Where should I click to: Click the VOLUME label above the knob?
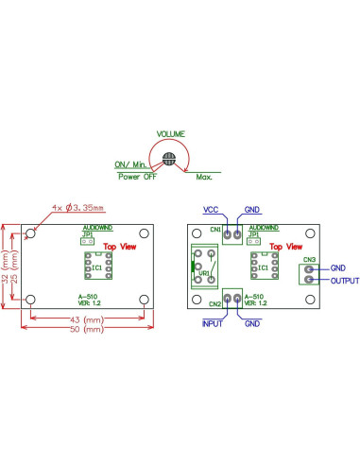click(170, 134)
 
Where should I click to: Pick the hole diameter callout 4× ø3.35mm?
click(77, 207)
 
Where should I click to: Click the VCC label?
click(213, 209)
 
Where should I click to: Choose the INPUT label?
click(214, 324)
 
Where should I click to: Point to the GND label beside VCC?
click(252, 209)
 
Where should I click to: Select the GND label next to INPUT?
click(252, 324)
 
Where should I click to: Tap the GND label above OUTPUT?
click(338, 268)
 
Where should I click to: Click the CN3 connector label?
click(309, 260)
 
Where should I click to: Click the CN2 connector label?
click(214, 303)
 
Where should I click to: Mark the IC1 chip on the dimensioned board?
click(96, 267)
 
